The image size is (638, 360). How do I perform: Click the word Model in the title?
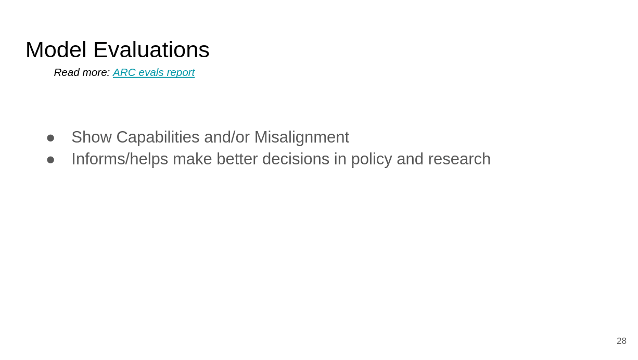click(x=56, y=50)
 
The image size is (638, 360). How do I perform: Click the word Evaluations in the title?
click(x=151, y=50)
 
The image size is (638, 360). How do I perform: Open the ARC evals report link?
click(x=154, y=73)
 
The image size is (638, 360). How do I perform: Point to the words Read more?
click(x=82, y=72)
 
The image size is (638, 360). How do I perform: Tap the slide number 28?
click(x=621, y=341)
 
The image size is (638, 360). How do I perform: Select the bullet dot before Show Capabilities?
click(x=50, y=138)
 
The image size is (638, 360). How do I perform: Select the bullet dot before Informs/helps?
click(x=50, y=160)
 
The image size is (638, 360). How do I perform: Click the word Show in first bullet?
click(x=92, y=137)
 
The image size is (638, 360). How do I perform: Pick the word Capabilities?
click(x=158, y=138)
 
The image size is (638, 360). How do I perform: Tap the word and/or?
click(x=227, y=137)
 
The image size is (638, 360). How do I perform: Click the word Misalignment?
click(x=302, y=138)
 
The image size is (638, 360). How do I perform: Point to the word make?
click(x=192, y=159)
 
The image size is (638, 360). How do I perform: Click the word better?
click(x=237, y=159)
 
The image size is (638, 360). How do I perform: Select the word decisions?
click(x=296, y=159)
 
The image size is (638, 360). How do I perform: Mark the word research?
click(x=459, y=159)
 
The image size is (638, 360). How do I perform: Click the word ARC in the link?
click(x=124, y=72)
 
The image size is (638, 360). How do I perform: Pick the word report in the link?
click(x=181, y=73)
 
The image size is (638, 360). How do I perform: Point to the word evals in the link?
click(x=151, y=72)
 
